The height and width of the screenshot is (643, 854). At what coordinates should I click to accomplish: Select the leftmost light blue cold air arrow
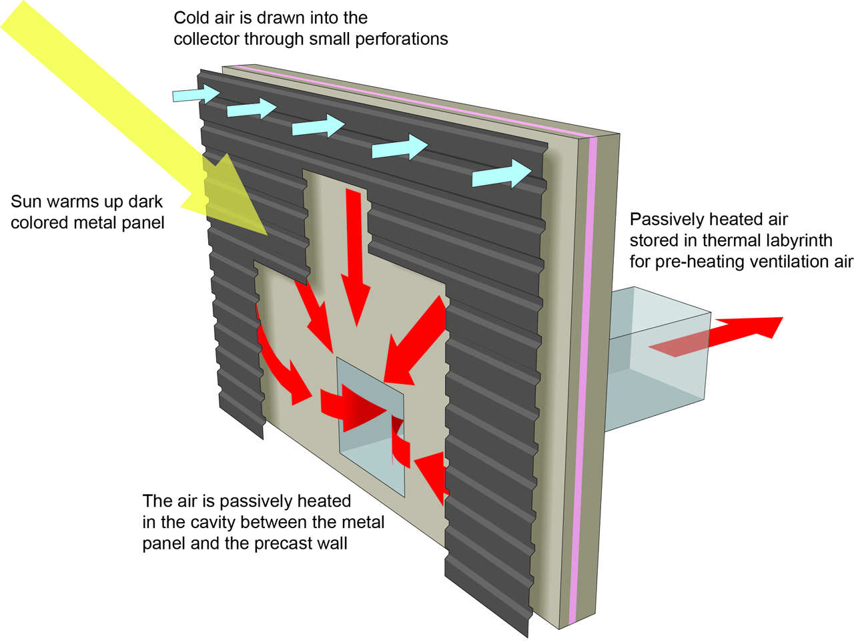pyautogui.click(x=196, y=94)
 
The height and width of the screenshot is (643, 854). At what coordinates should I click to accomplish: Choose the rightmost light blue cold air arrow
pyautogui.click(x=502, y=174)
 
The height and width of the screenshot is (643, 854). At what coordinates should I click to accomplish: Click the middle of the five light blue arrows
pyautogui.click(x=318, y=126)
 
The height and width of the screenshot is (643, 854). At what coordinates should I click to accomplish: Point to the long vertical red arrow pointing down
pyautogui.click(x=356, y=257)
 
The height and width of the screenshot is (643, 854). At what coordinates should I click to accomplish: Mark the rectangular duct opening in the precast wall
pyautogui.click(x=371, y=427)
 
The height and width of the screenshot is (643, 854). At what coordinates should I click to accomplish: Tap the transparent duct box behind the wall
pyautogui.click(x=658, y=358)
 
